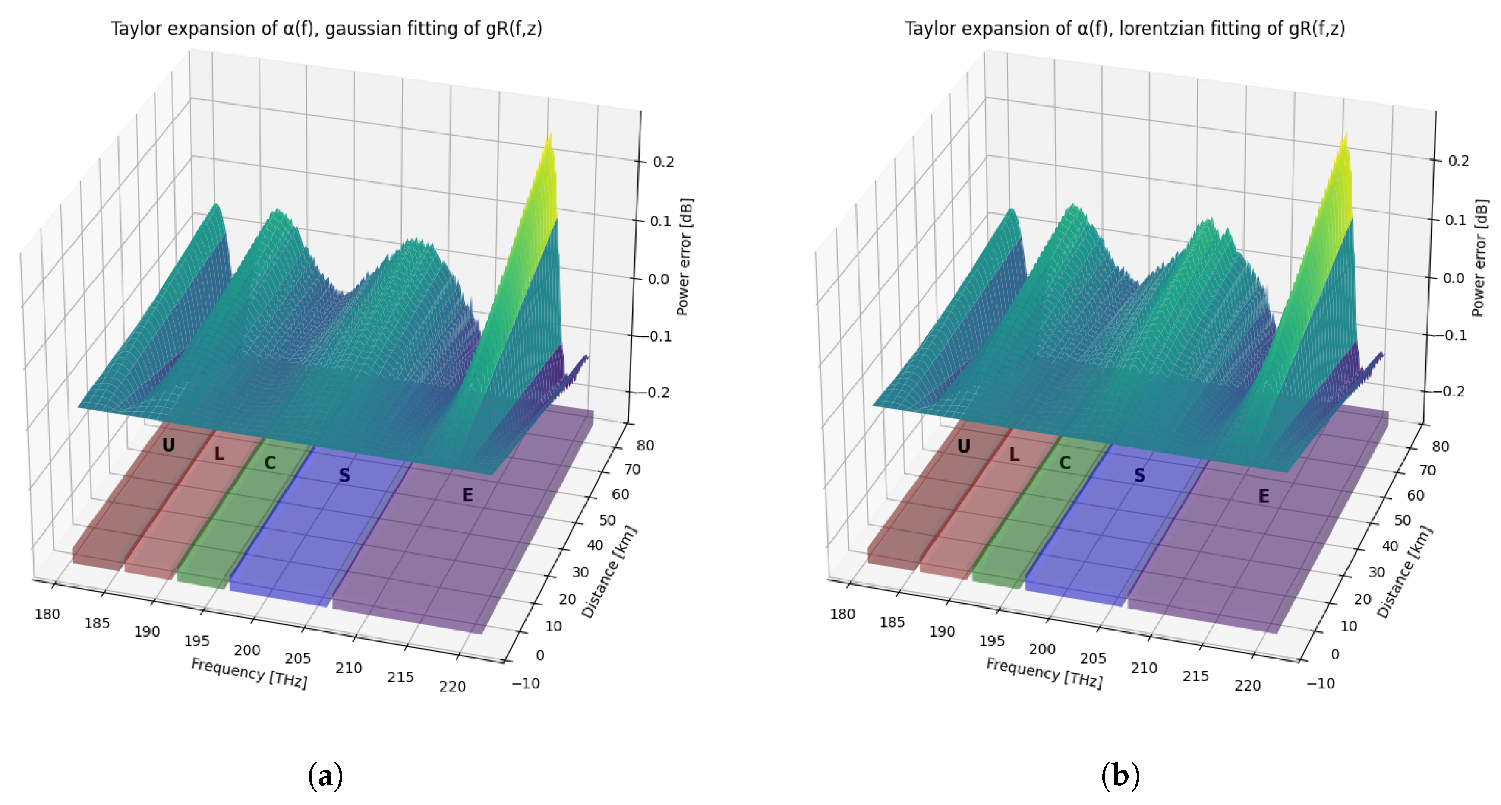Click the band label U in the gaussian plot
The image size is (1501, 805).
(168, 445)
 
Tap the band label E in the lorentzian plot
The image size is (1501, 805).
(1263, 496)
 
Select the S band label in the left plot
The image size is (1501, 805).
(344, 475)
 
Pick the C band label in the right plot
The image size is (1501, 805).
(1065, 463)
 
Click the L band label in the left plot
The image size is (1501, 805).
(219, 453)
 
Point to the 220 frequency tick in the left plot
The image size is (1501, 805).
(452, 687)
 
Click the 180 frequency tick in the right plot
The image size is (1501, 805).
(842, 614)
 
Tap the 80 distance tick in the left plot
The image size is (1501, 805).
(645, 445)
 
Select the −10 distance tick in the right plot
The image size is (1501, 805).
(1320, 683)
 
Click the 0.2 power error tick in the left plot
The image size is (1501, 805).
(663, 162)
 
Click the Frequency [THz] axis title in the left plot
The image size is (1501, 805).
(249, 673)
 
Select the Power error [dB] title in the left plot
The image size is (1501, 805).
(684, 257)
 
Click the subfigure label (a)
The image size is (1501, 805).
(325, 776)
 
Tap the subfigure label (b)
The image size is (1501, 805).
(1120, 776)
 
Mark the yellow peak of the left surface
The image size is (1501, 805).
(548, 146)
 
